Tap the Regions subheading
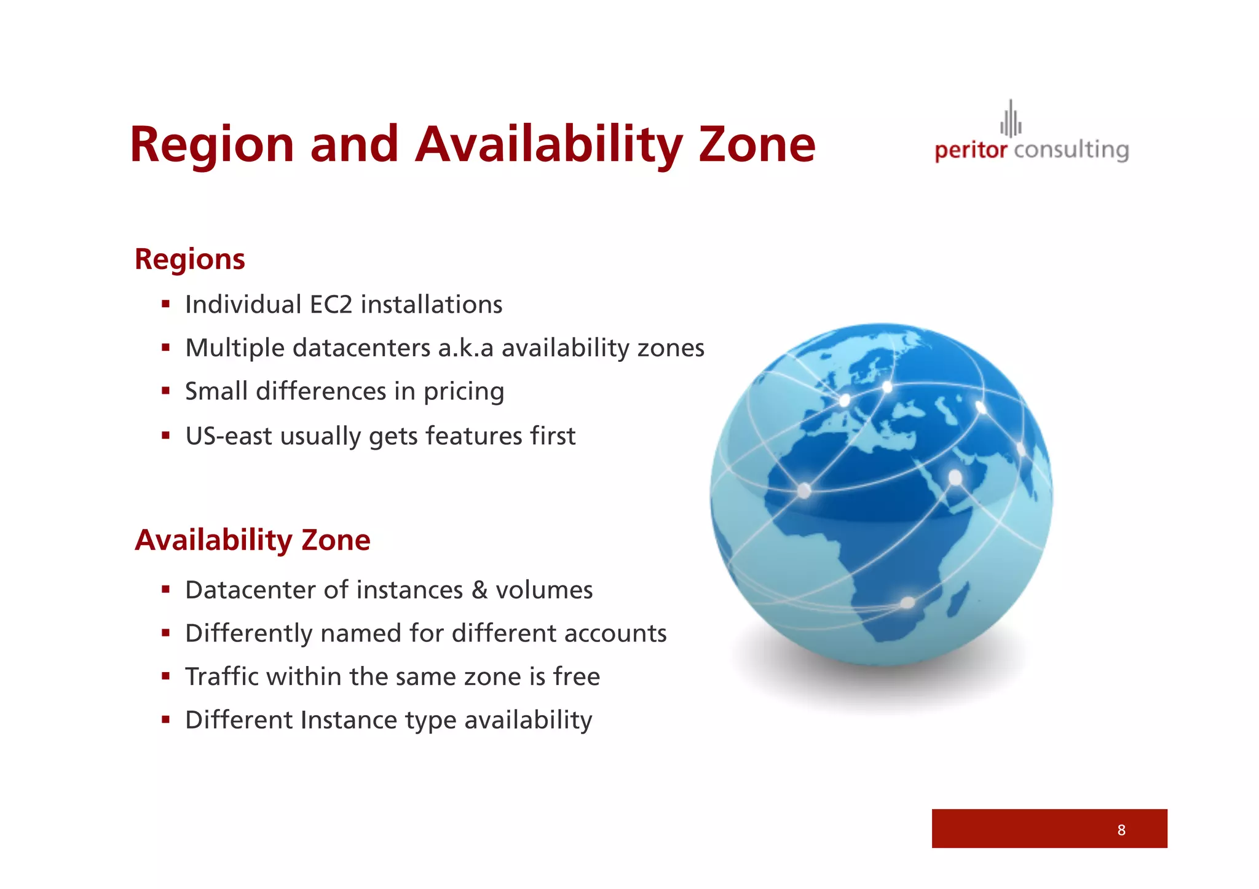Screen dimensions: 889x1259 [189, 259]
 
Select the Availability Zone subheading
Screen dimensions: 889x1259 [253, 541]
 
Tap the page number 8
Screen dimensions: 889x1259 [1121, 830]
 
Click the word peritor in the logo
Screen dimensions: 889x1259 [971, 151]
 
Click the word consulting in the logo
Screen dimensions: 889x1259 [1072, 151]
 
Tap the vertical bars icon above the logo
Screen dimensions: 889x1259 [1011, 119]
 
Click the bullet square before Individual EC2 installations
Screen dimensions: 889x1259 [165, 304]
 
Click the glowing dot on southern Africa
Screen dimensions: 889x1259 [907, 603]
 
